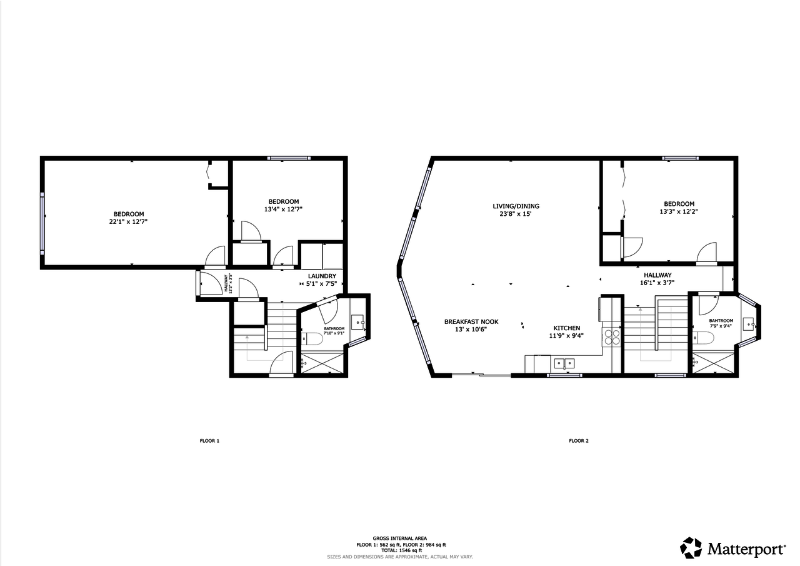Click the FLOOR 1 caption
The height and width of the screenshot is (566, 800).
pyautogui.click(x=209, y=441)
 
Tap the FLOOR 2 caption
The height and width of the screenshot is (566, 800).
pyautogui.click(x=578, y=441)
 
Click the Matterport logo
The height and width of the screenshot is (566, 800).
pyautogui.click(x=733, y=548)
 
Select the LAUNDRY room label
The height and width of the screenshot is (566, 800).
pyautogui.click(x=322, y=276)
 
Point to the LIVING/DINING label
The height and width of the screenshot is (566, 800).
pyautogui.click(x=516, y=206)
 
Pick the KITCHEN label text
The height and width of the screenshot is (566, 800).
pyautogui.click(x=567, y=328)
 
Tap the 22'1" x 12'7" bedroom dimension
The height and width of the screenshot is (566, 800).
pyautogui.click(x=129, y=221)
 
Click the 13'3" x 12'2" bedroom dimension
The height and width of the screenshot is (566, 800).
pyautogui.click(x=679, y=211)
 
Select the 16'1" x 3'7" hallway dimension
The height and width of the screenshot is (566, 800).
pyautogui.click(x=657, y=283)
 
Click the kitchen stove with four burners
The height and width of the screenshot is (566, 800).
pyautogui.click(x=611, y=338)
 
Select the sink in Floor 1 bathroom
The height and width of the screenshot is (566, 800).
pyautogui.click(x=357, y=322)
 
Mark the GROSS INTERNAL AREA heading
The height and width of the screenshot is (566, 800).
pyautogui.click(x=400, y=538)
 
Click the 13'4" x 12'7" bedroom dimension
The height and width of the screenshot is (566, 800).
pyautogui.click(x=284, y=210)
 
